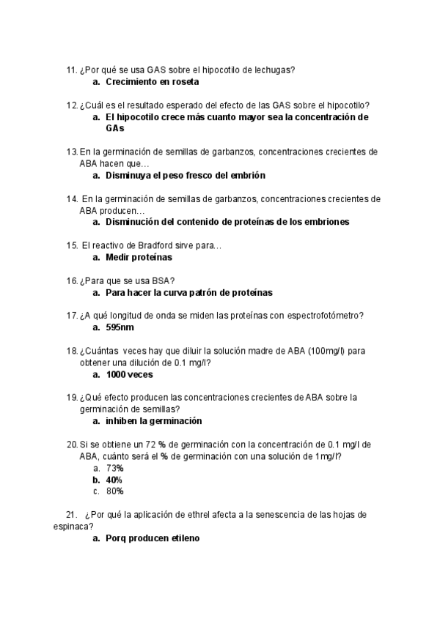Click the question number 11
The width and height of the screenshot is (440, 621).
(71, 70)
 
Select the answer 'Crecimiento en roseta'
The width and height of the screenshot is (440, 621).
(152, 82)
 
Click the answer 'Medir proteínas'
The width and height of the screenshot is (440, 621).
(139, 258)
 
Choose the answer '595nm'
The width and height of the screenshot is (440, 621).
(120, 328)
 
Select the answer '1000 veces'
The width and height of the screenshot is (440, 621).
(129, 374)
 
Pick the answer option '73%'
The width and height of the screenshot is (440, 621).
(114, 468)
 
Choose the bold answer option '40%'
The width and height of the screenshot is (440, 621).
(114, 480)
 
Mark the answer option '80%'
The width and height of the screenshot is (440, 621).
(114, 491)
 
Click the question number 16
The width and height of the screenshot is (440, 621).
(71, 281)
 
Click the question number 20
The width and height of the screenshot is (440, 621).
(71, 445)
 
